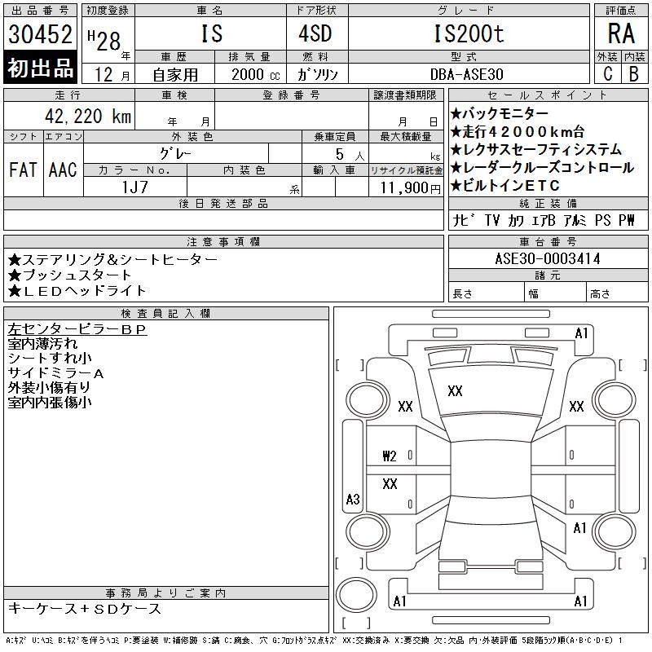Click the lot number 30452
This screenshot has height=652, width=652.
[x=41, y=33]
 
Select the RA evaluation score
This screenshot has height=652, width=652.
[x=620, y=34]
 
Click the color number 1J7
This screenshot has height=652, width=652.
[x=134, y=187]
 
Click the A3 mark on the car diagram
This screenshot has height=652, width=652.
[x=353, y=499]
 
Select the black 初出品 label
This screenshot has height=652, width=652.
[x=41, y=68]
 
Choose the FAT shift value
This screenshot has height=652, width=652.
[x=23, y=170]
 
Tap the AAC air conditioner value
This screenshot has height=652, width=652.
[x=63, y=170]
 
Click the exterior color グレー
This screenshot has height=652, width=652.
[x=192, y=152]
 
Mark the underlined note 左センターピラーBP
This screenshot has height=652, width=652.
[x=77, y=330]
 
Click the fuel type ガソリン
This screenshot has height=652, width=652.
[x=323, y=73]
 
